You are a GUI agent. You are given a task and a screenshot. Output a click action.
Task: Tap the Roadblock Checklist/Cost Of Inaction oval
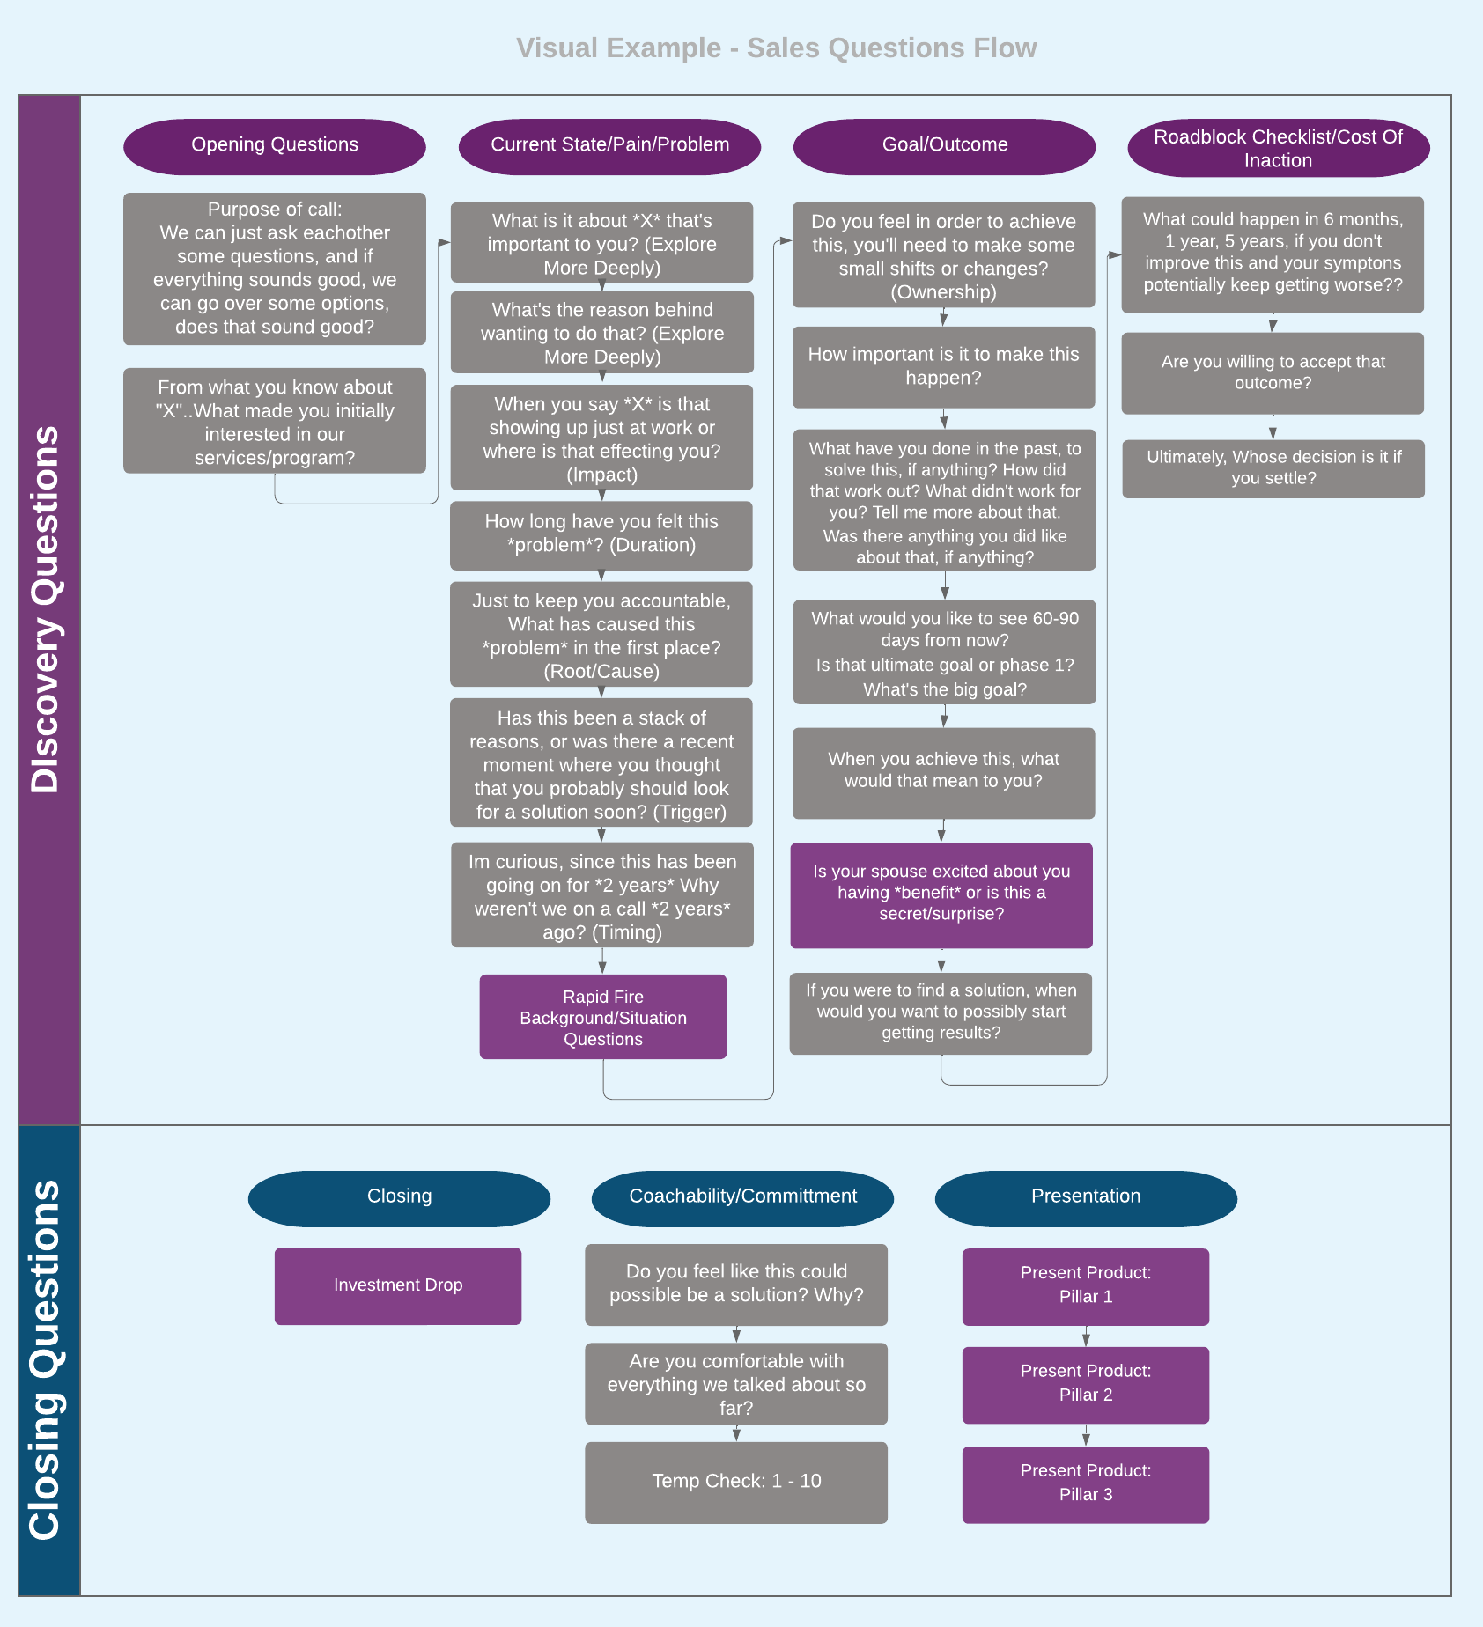[x=1278, y=148]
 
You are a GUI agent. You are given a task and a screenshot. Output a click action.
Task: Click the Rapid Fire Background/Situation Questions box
[x=602, y=1017]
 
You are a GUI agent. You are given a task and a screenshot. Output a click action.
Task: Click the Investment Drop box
[x=397, y=1285]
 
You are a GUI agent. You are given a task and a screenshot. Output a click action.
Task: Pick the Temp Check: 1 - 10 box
[x=735, y=1482]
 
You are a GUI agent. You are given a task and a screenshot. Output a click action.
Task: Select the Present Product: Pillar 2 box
[x=1085, y=1384]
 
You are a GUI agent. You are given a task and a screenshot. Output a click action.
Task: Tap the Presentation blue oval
[x=1085, y=1197]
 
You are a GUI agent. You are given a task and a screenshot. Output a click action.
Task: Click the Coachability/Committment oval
[x=742, y=1197]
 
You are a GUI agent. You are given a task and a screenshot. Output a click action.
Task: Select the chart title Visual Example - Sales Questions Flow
[x=776, y=48]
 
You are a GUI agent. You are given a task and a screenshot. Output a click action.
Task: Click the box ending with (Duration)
[x=601, y=534]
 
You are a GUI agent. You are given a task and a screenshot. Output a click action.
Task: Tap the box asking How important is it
[x=943, y=366]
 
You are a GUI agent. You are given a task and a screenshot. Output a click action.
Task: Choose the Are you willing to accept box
[x=1272, y=372]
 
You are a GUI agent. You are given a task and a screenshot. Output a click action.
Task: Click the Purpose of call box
[x=274, y=269]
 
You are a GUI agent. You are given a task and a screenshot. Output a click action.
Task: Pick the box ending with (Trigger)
[x=601, y=762]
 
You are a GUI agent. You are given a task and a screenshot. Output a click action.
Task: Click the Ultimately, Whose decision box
[x=1273, y=468]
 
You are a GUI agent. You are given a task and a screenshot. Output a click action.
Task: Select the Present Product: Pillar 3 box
[x=1085, y=1483]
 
